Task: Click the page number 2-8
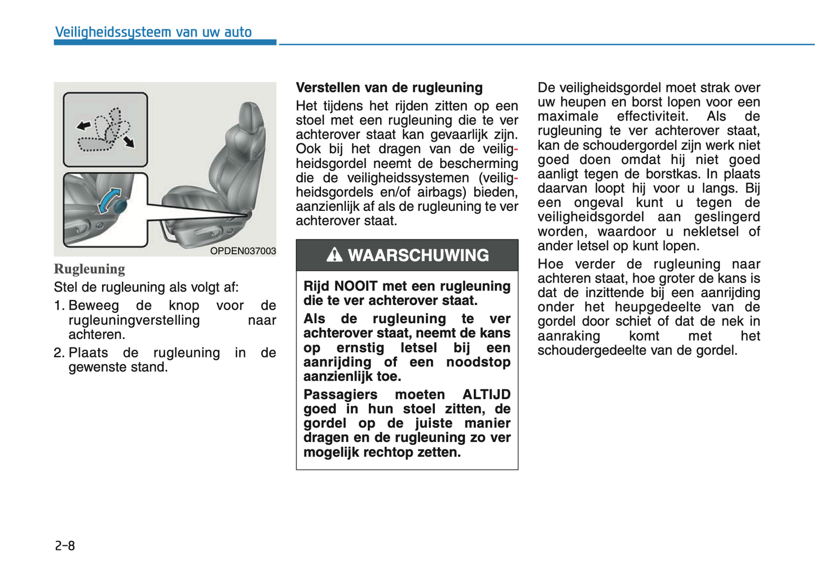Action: point(65,545)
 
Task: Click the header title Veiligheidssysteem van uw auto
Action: point(153,32)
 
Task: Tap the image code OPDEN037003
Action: point(243,251)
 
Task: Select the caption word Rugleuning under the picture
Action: point(89,269)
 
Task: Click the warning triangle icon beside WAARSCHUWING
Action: point(334,255)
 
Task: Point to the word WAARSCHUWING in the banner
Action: point(418,255)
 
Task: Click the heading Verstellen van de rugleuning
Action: point(389,87)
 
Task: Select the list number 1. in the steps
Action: point(59,306)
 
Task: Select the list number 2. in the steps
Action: point(59,353)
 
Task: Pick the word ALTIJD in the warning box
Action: point(486,395)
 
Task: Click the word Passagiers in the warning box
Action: point(340,395)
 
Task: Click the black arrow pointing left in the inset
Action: point(83,125)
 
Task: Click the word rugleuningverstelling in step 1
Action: point(134,320)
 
